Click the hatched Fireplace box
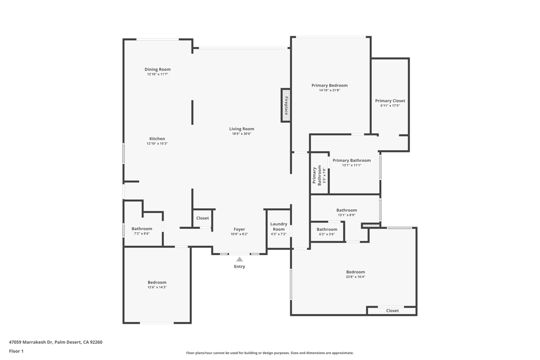(x=286, y=105)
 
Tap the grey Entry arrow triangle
(x=239, y=259)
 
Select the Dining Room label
(x=157, y=69)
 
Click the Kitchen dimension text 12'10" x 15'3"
(x=157, y=143)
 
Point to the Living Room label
(x=242, y=129)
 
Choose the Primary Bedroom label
(x=330, y=85)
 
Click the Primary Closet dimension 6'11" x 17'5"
(x=390, y=105)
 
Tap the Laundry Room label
(x=278, y=227)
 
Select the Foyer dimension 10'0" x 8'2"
(x=239, y=234)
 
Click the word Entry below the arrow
(x=239, y=266)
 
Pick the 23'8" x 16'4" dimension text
(x=355, y=277)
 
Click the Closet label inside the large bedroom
(x=392, y=310)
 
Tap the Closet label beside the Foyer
(x=202, y=218)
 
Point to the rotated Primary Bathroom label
(x=317, y=176)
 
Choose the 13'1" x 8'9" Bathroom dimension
(x=346, y=215)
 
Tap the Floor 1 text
(x=16, y=351)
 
